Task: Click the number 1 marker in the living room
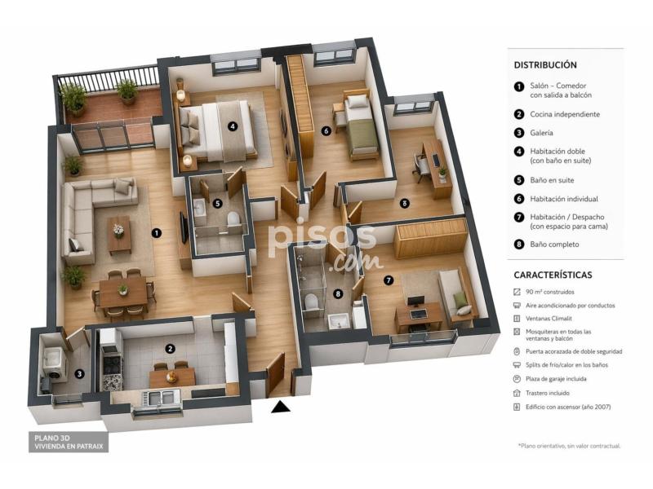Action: point(156,233)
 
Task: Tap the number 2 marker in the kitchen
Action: point(170,349)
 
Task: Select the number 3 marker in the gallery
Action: point(79,374)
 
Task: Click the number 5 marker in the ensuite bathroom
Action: point(217,204)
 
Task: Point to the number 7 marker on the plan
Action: point(389,280)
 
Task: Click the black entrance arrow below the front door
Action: point(281,407)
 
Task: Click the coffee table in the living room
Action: point(119,235)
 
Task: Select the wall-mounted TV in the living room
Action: point(184,228)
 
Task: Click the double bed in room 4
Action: point(215,130)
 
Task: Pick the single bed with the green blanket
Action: point(361,126)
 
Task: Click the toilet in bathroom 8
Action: point(311,301)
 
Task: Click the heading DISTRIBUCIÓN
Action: point(545,65)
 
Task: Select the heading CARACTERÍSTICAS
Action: point(553,275)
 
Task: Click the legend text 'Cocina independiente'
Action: point(565,114)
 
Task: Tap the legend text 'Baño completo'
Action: point(554,244)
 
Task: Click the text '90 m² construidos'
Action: point(549,292)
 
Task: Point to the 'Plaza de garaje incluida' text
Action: point(556,379)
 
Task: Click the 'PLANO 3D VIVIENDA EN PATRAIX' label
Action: point(69,442)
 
